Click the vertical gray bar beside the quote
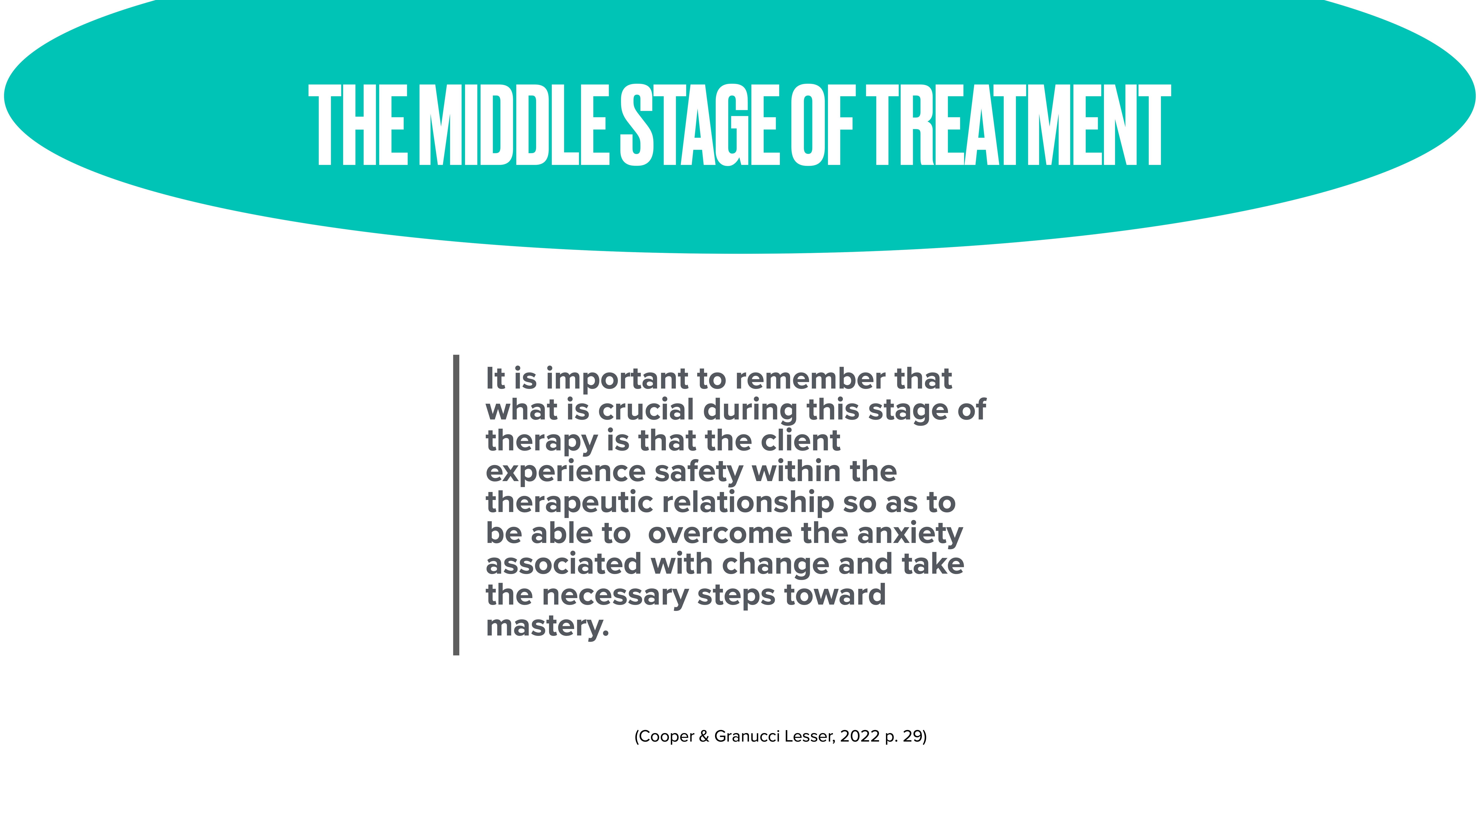click(x=456, y=505)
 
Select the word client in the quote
click(x=800, y=441)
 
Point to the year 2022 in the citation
click(x=860, y=736)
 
